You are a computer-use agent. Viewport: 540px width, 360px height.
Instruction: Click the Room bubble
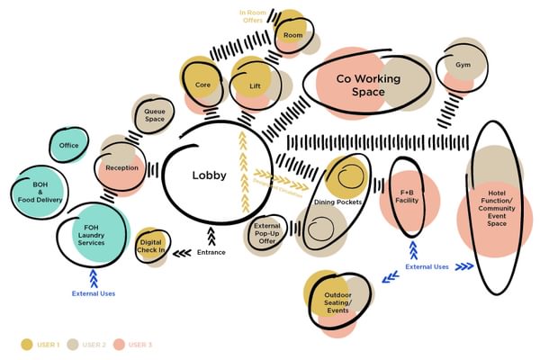tap(292, 35)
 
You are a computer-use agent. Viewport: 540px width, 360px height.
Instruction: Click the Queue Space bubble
tap(154, 114)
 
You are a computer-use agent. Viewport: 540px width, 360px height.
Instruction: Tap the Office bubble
tap(68, 146)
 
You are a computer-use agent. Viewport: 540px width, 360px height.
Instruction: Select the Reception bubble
tap(121, 168)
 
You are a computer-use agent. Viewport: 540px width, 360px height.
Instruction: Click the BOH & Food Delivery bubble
tap(37, 193)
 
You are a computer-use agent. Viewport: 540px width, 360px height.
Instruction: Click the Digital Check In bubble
tap(154, 246)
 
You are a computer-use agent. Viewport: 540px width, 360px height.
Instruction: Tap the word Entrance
tap(211, 252)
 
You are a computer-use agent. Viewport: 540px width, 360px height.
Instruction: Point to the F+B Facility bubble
tap(409, 197)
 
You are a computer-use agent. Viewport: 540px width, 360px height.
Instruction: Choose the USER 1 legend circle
tap(27, 345)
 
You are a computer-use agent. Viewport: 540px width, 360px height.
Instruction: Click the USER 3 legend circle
tap(117, 345)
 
